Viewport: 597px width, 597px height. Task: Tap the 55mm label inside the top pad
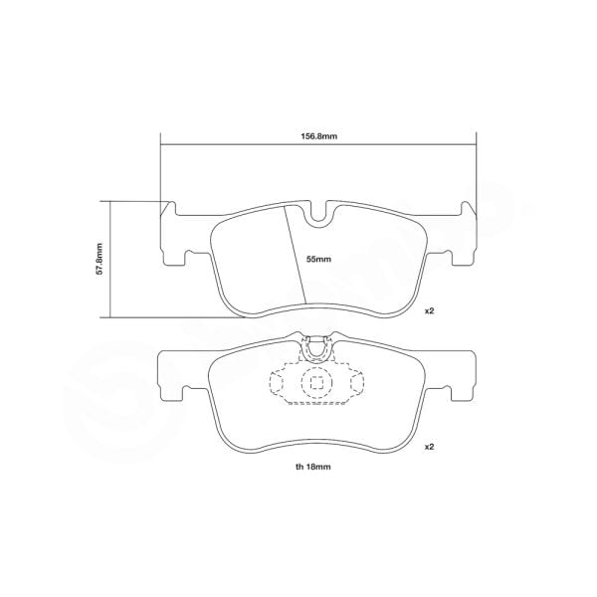coord(317,259)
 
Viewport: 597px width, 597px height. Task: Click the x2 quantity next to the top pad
coord(430,311)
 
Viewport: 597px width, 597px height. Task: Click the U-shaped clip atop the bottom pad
coord(316,346)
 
